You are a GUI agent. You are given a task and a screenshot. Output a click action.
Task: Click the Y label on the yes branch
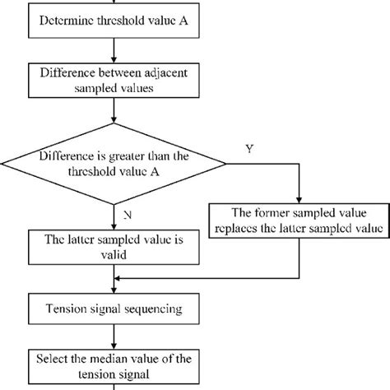pyautogui.click(x=249, y=148)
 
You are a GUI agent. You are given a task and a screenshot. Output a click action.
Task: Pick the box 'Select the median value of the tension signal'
pyautogui.click(x=112, y=363)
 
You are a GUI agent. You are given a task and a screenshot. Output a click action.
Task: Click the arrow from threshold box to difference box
pyautogui.click(x=112, y=49)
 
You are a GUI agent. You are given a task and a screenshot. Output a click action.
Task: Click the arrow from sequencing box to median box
pyautogui.click(x=112, y=335)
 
